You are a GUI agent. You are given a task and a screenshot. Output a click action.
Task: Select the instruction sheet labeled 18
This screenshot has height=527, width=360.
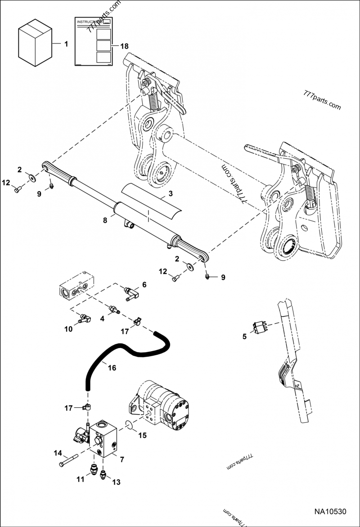(x=93, y=42)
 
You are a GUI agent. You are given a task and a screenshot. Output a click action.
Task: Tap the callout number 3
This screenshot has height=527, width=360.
(x=171, y=194)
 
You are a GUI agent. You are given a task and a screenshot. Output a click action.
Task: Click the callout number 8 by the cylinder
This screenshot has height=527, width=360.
(x=105, y=220)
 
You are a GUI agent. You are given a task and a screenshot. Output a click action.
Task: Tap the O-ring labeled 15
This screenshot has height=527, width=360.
(x=129, y=424)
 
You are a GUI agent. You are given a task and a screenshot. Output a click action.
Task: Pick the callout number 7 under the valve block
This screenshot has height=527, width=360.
(x=121, y=459)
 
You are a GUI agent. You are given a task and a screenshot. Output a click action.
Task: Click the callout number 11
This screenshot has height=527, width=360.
(x=80, y=480)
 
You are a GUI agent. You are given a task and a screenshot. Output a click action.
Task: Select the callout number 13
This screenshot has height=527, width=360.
(x=116, y=482)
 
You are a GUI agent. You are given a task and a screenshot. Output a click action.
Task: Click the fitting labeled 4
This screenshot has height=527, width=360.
(x=114, y=309)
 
